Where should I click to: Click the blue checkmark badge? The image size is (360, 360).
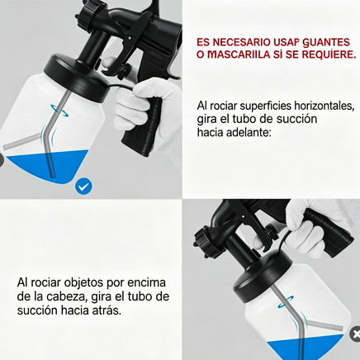point(83,187)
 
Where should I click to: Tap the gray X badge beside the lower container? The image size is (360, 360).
point(355,334)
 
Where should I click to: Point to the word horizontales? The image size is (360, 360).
point(324,106)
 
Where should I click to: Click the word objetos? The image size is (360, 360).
point(83,283)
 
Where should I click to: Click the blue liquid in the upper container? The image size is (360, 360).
point(49,166)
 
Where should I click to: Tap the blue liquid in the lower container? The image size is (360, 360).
point(305,348)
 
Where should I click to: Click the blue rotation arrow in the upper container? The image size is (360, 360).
point(59,111)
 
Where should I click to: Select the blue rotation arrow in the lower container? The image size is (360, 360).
point(286,301)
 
